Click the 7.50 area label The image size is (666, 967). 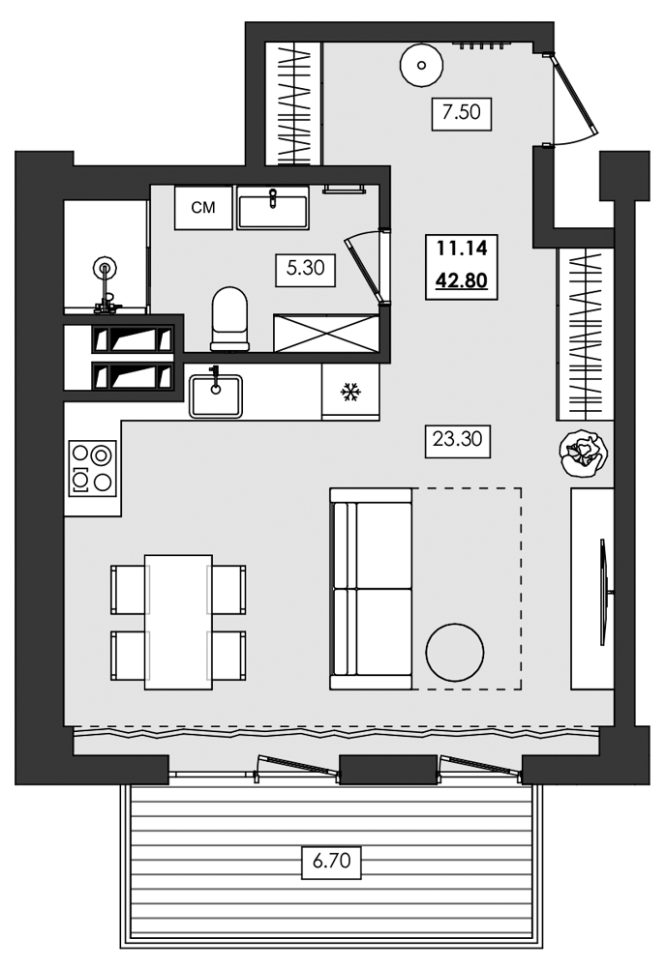coord(462,112)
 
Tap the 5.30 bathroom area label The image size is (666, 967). coord(306,269)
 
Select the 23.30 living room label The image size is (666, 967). coord(457,439)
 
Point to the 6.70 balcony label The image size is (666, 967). coord(331,860)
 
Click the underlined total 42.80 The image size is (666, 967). coord(461,281)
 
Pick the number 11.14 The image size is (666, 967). coord(462,249)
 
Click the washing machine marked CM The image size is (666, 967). coord(203,207)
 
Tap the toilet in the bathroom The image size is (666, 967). coord(229,318)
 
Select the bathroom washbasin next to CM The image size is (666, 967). coord(272,208)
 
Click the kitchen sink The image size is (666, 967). coord(216,396)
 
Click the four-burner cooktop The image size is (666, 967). coord(92,467)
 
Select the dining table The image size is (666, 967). coord(178,622)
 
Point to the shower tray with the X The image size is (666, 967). coord(326,333)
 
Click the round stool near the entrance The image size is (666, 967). coord(421,65)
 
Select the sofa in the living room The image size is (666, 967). coord(371,588)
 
